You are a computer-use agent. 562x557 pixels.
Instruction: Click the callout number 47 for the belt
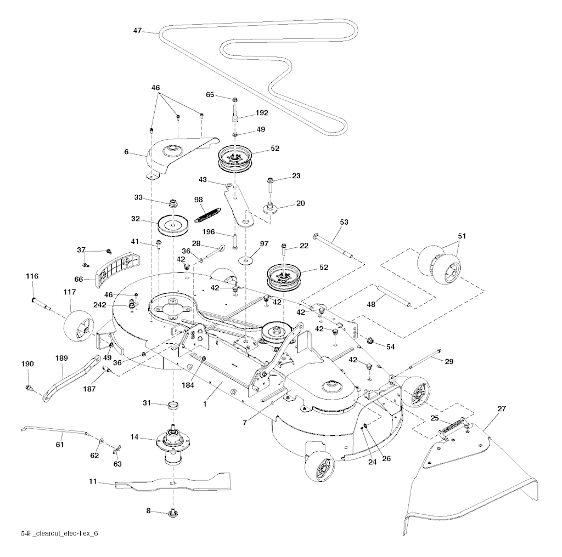pyautogui.click(x=137, y=31)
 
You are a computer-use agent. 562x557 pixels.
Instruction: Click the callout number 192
pyautogui.click(x=262, y=113)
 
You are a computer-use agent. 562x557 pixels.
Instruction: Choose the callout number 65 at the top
pyautogui.click(x=210, y=95)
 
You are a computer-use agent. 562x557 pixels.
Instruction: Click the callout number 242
pyautogui.click(x=115, y=305)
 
